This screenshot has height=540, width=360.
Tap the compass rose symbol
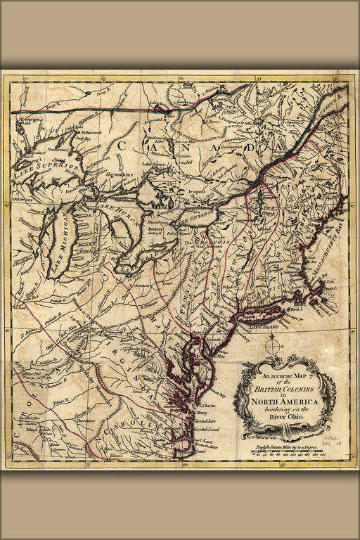coord(276,347)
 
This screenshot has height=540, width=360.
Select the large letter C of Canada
coord(122,145)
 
